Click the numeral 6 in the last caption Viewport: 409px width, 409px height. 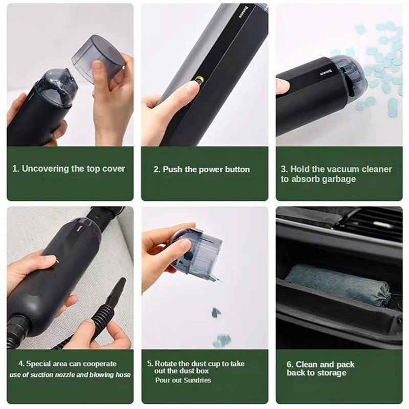[289, 365]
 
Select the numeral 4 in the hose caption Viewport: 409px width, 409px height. [21, 364]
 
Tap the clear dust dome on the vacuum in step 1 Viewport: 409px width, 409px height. [57, 85]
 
